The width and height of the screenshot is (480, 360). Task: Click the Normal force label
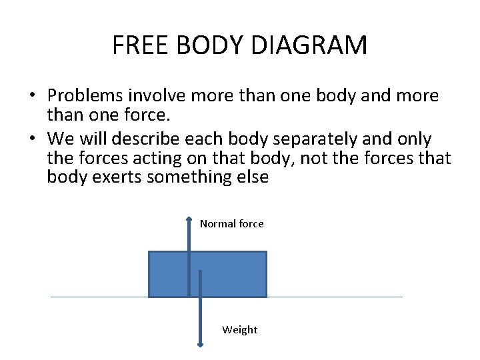[x=231, y=224]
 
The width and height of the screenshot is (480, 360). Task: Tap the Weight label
[x=239, y=329]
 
